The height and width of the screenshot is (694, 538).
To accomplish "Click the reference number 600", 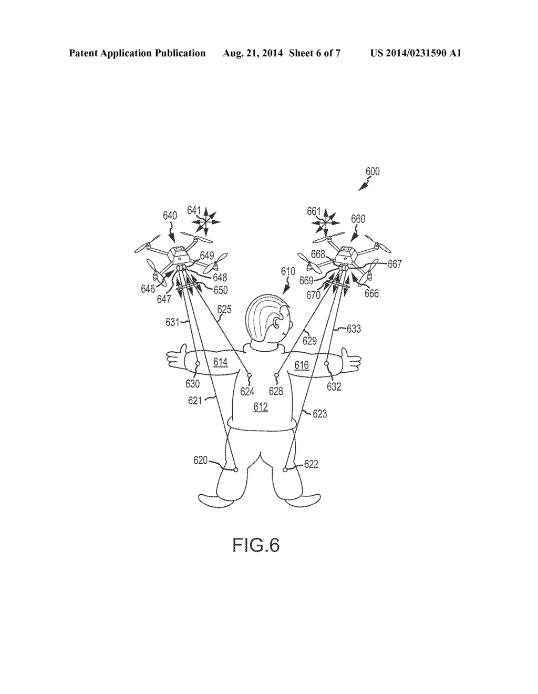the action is point(373,171).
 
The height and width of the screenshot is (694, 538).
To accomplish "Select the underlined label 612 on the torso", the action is point(261,406).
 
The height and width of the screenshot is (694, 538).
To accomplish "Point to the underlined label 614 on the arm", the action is point(220,362).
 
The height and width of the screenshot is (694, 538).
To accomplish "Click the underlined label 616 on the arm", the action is point(302,365).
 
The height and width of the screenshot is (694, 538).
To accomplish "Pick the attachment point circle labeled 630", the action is point(198,363).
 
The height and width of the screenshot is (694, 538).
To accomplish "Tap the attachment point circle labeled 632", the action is point(326,363).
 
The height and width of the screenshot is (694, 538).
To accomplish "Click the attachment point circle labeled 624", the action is point(249,375).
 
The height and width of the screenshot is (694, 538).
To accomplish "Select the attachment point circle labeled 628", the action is point(277,375).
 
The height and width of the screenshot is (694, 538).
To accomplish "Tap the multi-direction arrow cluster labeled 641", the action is point(206,221).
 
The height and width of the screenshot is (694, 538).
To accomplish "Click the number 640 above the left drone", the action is point(170,216).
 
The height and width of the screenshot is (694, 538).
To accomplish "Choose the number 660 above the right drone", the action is point(358,219).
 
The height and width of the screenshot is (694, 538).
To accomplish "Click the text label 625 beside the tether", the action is point(224,309).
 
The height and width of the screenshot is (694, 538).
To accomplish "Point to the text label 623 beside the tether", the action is point(320,413).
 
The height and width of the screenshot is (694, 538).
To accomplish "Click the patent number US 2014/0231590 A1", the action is point(416,53).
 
